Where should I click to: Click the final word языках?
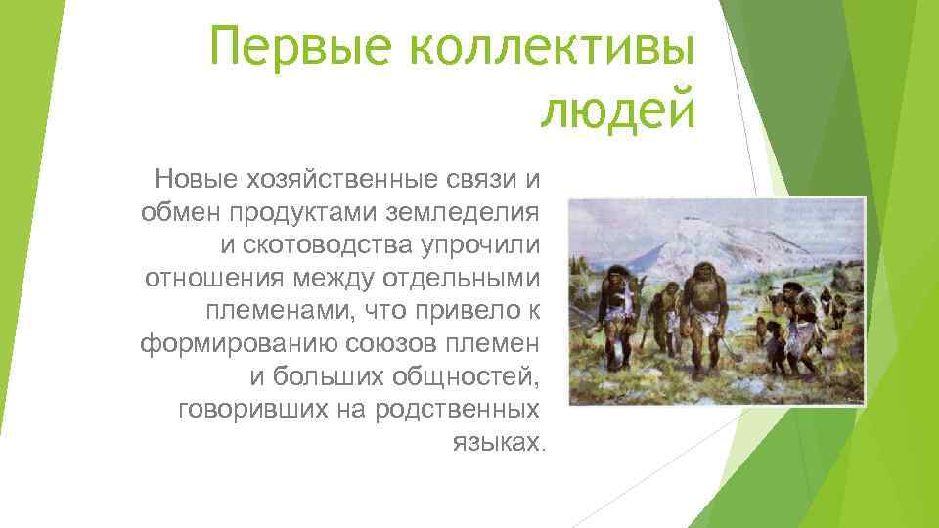coord(496,443)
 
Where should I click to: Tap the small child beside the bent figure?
coord(773,337)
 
